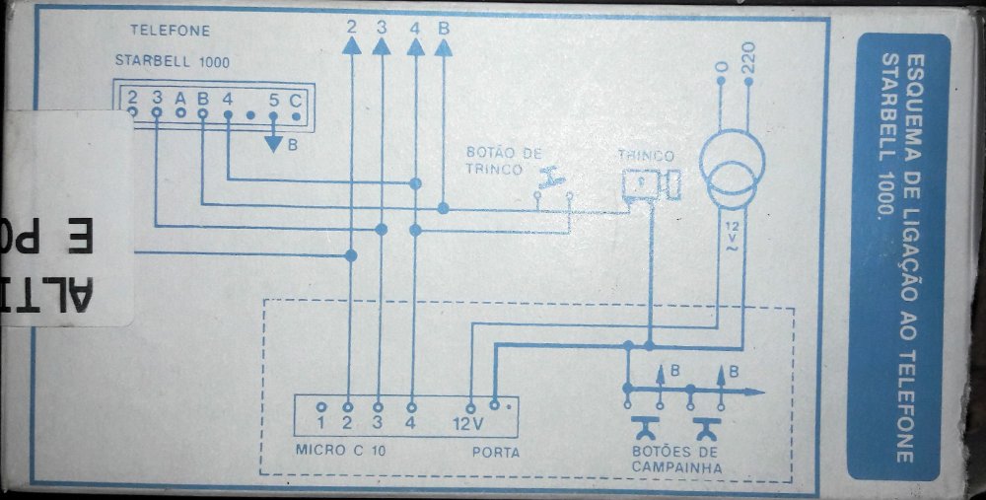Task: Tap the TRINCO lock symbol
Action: [651, 183]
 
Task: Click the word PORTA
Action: [496, 453]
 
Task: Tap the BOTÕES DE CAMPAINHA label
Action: [675, 461]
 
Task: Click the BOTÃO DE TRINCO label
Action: [504, 161]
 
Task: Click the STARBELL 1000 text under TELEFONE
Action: [173, 61]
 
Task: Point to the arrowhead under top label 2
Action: [351, 52]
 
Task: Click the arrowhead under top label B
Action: [443, 52]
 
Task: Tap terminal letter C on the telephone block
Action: [295, 98]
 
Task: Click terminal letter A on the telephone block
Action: [179, 98]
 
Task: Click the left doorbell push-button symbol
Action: [649, 427]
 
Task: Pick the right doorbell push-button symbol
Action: [708, 427]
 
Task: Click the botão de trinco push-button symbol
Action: [552, 181]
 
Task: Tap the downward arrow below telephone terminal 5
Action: [273, 144]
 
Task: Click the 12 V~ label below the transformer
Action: [731, 237]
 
